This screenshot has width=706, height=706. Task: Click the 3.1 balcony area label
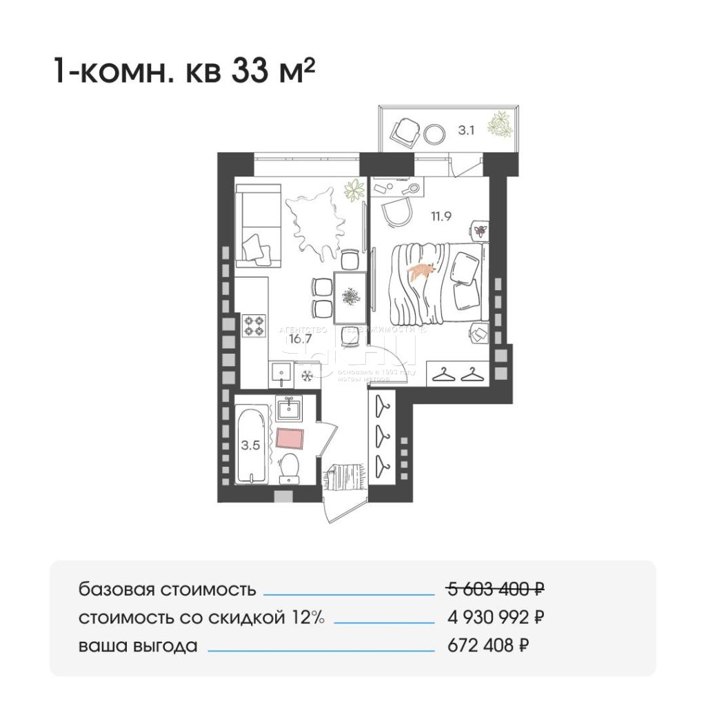(x=467, y=129)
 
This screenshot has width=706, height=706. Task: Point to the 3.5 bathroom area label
(x=250, y=445)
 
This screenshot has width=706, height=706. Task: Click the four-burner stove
(x=254, y=325)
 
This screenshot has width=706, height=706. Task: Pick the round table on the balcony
(x=435, y=133)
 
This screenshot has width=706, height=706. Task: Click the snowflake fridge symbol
(x=307, y=376)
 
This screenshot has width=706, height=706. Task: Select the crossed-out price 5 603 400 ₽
(x=495, y=589)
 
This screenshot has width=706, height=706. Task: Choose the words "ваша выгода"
(x=138, y=647)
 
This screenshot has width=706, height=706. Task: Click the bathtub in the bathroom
(x=250, y=445)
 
